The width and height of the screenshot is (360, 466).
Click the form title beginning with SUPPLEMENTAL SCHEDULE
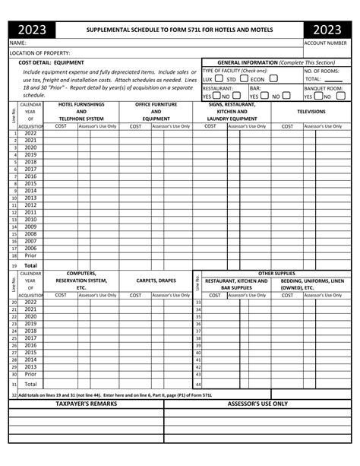[x=179, y=30]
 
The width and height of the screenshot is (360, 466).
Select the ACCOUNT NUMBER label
[x=326, y=43]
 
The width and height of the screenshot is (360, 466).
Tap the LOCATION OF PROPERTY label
[x=39, y=52]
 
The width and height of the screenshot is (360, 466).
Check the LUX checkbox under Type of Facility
[x=219, y=78]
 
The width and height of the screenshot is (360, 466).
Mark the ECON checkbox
[x=273, y=78]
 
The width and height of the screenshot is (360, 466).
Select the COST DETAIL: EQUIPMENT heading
[x=52, y=62]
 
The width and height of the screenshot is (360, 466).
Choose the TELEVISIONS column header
[x=311, y=112]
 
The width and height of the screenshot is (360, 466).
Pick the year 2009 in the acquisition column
[x=30, y=227]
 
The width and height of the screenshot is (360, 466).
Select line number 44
[x=198, y=385]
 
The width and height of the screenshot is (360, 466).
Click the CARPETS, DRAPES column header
[x=156, y=281]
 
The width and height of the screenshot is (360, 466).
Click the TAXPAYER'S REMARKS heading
[x=87, y=404]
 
